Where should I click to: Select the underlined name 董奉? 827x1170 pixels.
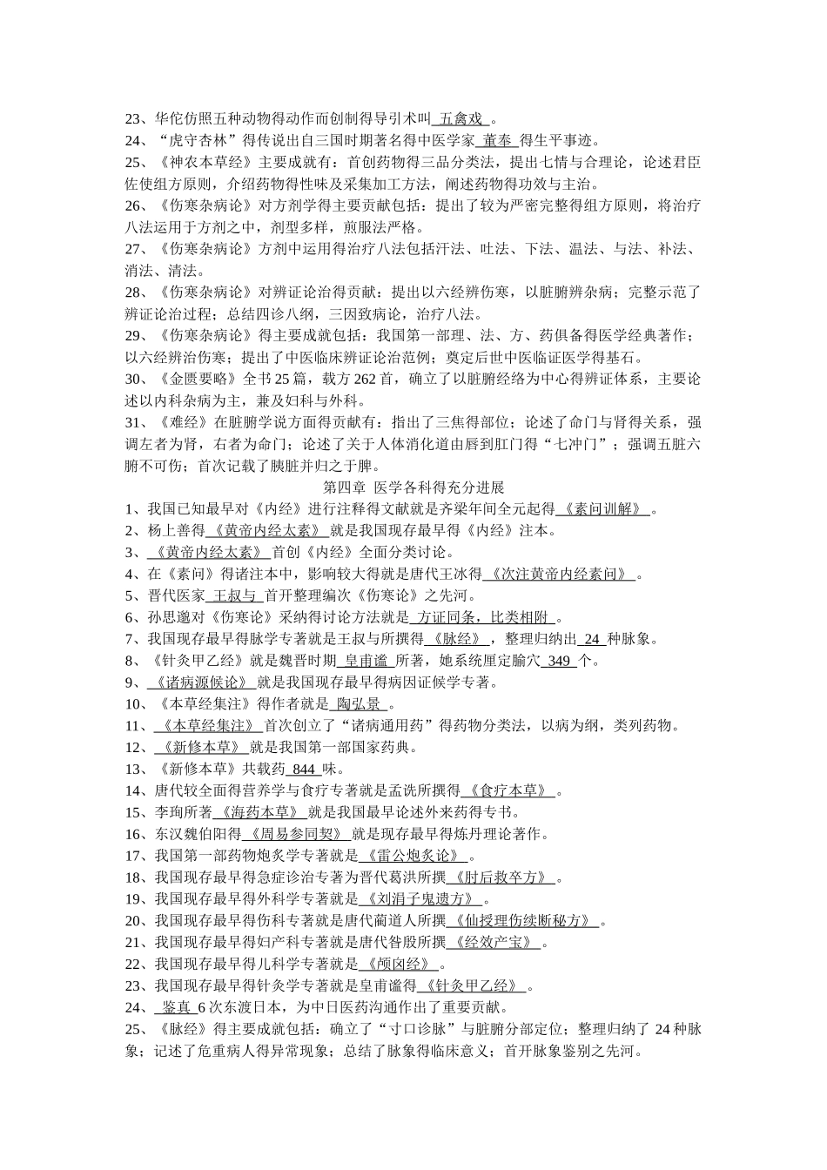498,140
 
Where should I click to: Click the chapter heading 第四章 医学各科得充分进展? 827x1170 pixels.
413,487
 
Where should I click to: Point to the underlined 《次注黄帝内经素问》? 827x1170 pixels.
558,575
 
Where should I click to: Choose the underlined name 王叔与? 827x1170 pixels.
234,596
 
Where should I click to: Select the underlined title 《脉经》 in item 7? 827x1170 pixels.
450,640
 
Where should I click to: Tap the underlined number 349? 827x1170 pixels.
559,662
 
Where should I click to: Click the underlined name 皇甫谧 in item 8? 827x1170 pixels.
365,662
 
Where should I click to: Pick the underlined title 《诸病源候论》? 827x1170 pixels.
201,682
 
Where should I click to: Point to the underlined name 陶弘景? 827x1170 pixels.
359,704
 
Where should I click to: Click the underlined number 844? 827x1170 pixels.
303,770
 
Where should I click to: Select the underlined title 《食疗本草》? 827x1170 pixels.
508,791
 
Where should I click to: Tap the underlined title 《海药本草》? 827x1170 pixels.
259,813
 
